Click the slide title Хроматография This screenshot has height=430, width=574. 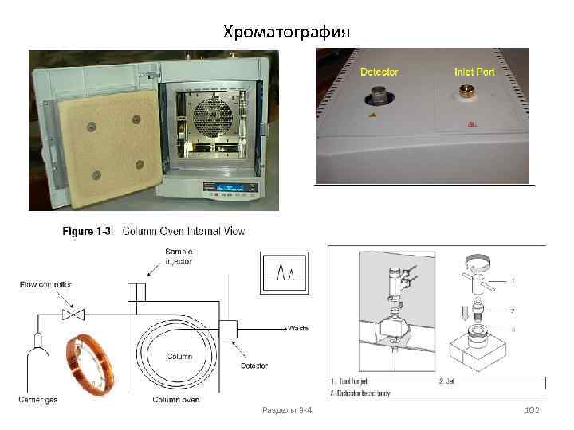point(286,32)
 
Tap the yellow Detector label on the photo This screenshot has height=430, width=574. point(379,72)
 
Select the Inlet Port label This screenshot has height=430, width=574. point(474,72)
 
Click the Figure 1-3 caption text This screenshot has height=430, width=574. point(154,232)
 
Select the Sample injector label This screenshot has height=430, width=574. point(179,256)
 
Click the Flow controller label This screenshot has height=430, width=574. point(47,283)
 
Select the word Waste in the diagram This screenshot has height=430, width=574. point(297,328)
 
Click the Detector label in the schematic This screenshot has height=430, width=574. point(254,365)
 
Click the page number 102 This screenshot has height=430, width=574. point(532,409)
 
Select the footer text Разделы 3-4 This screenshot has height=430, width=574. point(287,409)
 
